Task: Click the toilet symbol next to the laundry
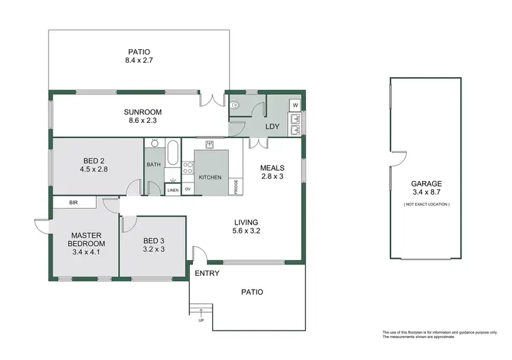pos(235,106)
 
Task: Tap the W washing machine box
pos(294,106)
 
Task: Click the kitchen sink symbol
pos(210,143)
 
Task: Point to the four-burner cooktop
pos(187,167)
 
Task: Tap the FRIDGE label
pos(237,186)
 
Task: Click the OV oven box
pos(187,189)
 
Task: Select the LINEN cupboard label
pos(173,190)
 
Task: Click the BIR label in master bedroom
pos(74,202)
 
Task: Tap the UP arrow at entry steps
pos(201,316)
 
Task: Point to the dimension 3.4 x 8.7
pos(427,194)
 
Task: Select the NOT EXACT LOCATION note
pos(427,204)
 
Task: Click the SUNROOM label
pos(141,112)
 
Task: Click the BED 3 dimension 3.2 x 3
pos(153,250)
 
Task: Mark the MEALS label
pos(272,167)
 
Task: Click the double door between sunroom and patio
pos(212,100)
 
